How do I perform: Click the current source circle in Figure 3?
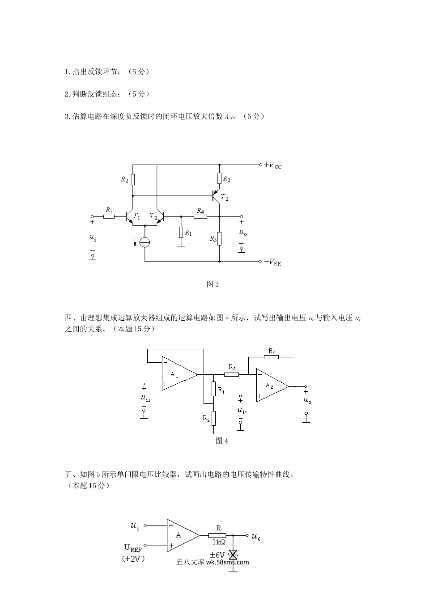coord(145,242)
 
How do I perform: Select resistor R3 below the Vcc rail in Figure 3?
coord(219,178)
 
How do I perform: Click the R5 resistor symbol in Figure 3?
coord(219,238)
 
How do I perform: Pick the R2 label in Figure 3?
coord(124,179)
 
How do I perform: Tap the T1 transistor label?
coord(136,217)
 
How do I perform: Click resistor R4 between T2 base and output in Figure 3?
coord(200,216)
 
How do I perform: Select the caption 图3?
coord(212,284)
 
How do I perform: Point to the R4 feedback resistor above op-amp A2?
coord(271,357)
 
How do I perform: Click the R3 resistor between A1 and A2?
coord(231,374)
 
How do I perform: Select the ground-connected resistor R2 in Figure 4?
coord(214,418)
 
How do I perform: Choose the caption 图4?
coord(222,441)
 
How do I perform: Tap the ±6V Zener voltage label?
coord(217,555)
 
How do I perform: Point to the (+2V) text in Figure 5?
coord(133,559)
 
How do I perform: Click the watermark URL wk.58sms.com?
coord(227,562)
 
